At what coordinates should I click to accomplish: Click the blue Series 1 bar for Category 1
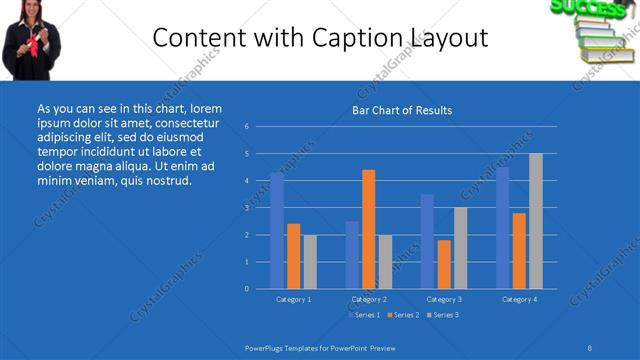click(x=277, y=230)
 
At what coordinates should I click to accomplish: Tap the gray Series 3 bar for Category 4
click(x=535, y=221)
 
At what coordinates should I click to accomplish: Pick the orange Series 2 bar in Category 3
click(x=443, y=264)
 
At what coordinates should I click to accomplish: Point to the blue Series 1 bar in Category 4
click(x=502, y=228)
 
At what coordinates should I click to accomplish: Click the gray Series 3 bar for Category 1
click(x=309, y=261)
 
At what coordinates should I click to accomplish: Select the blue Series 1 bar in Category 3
click(x=427, y=241)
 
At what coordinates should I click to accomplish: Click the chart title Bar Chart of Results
click(x=402, y=110)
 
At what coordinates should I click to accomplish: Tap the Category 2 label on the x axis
click(x=368, y=299)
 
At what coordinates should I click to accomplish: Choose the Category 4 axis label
click(x=518, y=299)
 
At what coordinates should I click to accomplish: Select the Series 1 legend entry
click(x=363, y=315)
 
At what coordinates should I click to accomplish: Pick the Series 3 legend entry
click(x=443, y=315)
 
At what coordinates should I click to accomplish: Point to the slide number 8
click(x=590, y=347)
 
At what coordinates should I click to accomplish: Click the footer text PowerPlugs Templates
click(x=289, y=347)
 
